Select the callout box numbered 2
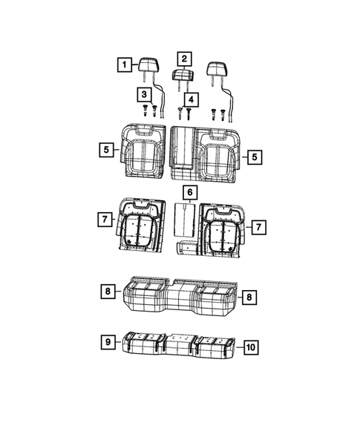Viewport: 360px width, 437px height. (x=183, y=58)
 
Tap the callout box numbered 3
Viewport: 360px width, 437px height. (x=143, y=93)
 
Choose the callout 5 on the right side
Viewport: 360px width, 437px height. (x=253, y=157)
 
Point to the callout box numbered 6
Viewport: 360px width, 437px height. (x=190, y=194)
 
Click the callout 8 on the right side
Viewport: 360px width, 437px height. (x=249, y=298)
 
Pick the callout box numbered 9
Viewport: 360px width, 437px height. (x=108, y=342)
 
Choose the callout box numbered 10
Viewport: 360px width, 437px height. (x=250, y=346)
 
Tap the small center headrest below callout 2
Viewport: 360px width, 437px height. (x=183, y=75)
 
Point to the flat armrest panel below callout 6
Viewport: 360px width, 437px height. (x=183, y=221)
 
